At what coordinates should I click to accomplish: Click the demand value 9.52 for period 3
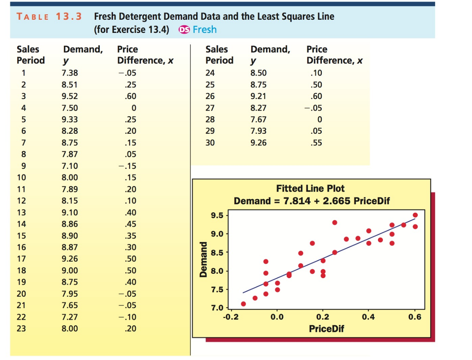point(69,96)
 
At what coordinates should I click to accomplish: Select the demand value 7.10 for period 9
point(69,166)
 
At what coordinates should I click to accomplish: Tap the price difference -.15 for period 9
point(128,166)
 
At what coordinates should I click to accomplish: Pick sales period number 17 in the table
point(22,259)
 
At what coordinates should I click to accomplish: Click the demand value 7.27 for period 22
point(69,317)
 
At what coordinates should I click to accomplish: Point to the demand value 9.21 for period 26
point(258,96)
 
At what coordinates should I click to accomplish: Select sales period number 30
point(210,143)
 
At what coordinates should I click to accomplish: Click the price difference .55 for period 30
point(316,143)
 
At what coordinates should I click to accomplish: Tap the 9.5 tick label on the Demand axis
point(217,215)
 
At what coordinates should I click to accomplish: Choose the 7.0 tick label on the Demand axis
point(217,308)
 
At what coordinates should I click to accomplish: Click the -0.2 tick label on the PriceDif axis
point(231,317)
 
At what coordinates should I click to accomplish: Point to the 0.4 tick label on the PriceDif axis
point(368,317)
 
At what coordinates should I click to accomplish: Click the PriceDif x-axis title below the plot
point(326,329)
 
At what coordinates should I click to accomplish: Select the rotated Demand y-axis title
point(203,259)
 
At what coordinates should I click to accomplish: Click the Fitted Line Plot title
point(310,189)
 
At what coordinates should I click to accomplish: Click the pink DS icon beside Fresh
point(184,30)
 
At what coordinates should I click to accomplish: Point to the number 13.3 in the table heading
point(69,16)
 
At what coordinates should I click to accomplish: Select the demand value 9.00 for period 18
point(69,270)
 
